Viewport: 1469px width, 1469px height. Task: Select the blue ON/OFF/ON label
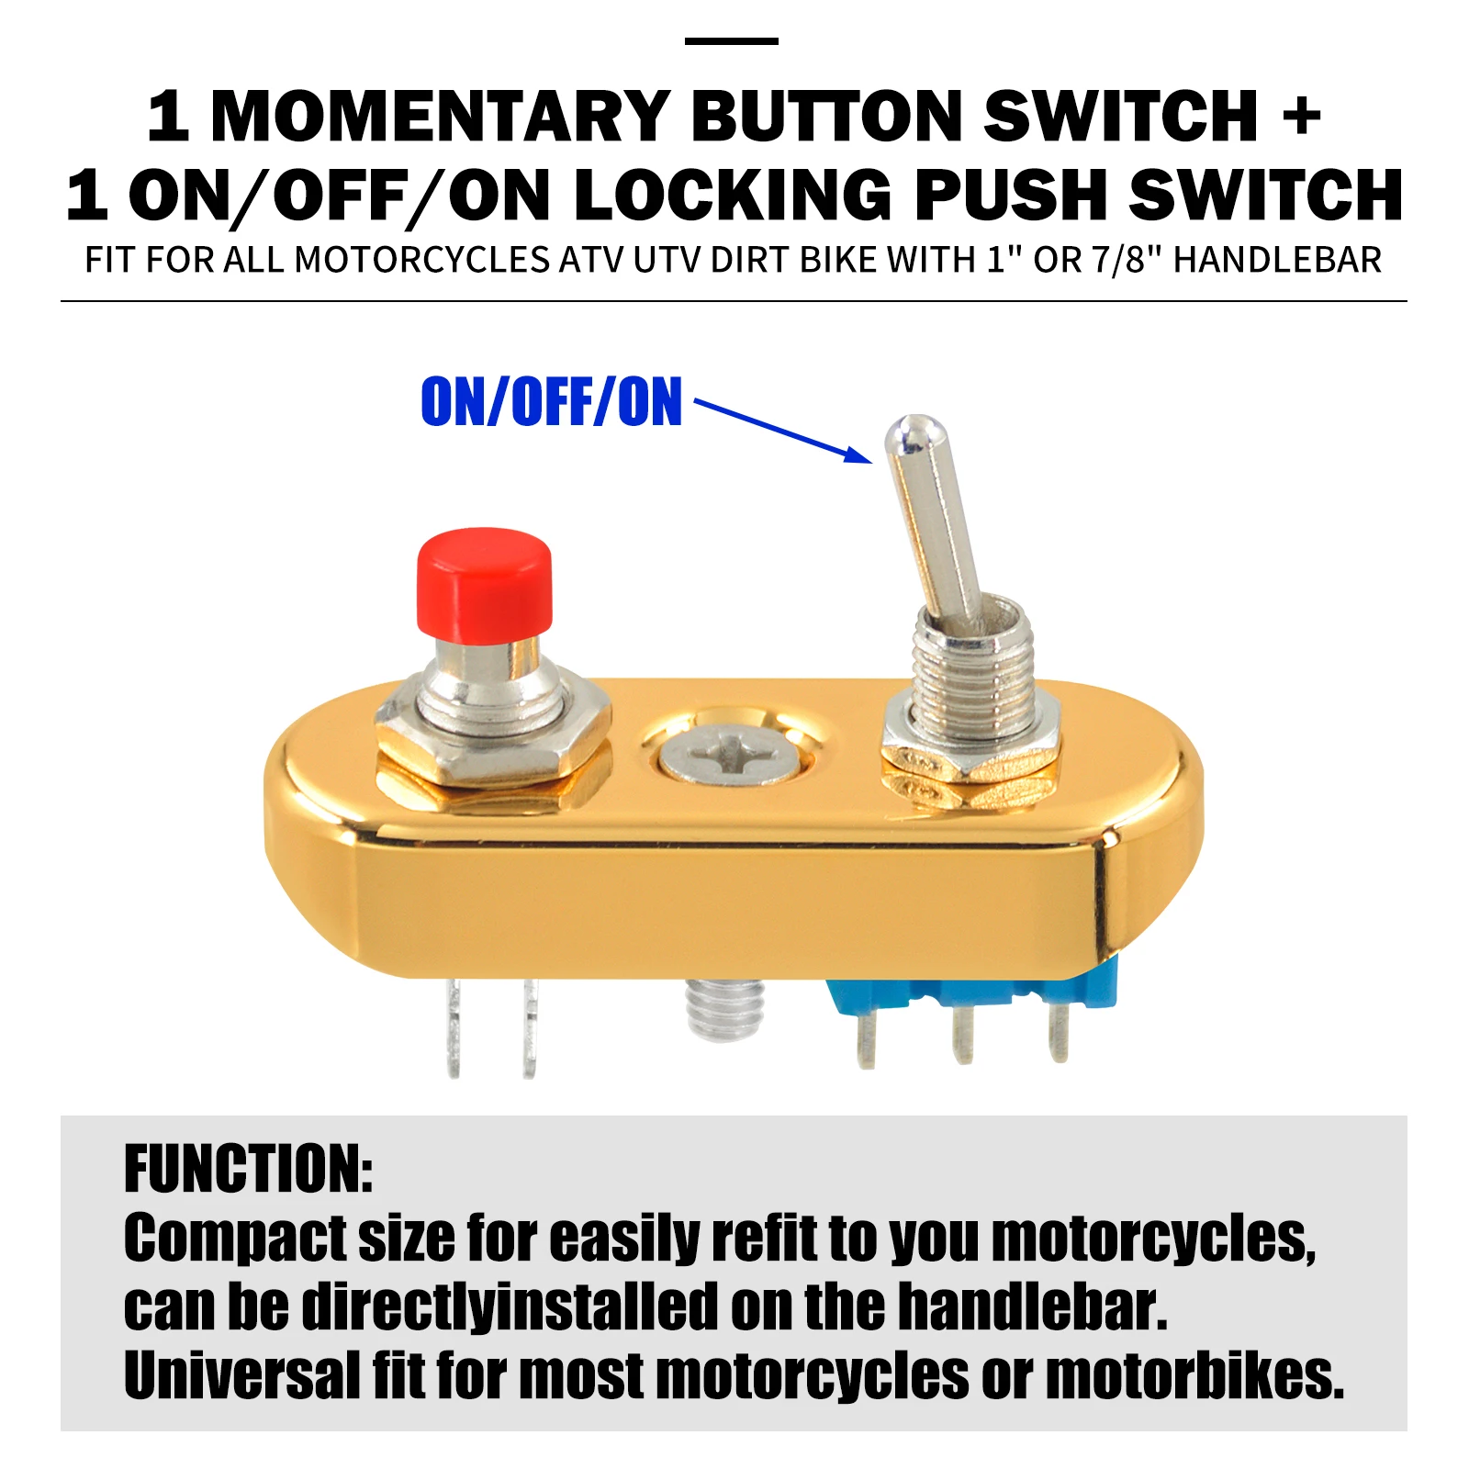point(551,402)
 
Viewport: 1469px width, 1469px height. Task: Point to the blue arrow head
point(858,454)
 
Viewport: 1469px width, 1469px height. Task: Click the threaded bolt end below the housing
point(725,1008)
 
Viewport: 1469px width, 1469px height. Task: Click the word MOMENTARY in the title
point(439,118)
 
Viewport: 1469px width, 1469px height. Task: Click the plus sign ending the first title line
point(1301,118)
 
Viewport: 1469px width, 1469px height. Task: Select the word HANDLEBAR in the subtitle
point(1277,261)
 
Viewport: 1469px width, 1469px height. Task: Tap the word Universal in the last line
point(241,1375)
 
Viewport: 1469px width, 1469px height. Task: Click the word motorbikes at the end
point(1194,1375)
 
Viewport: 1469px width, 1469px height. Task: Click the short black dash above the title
point(731,41)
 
